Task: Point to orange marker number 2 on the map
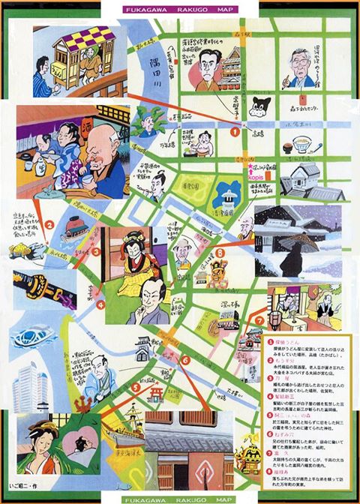point(49,223)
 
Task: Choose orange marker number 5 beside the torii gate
point(136,388)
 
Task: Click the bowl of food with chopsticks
point(302,141)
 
